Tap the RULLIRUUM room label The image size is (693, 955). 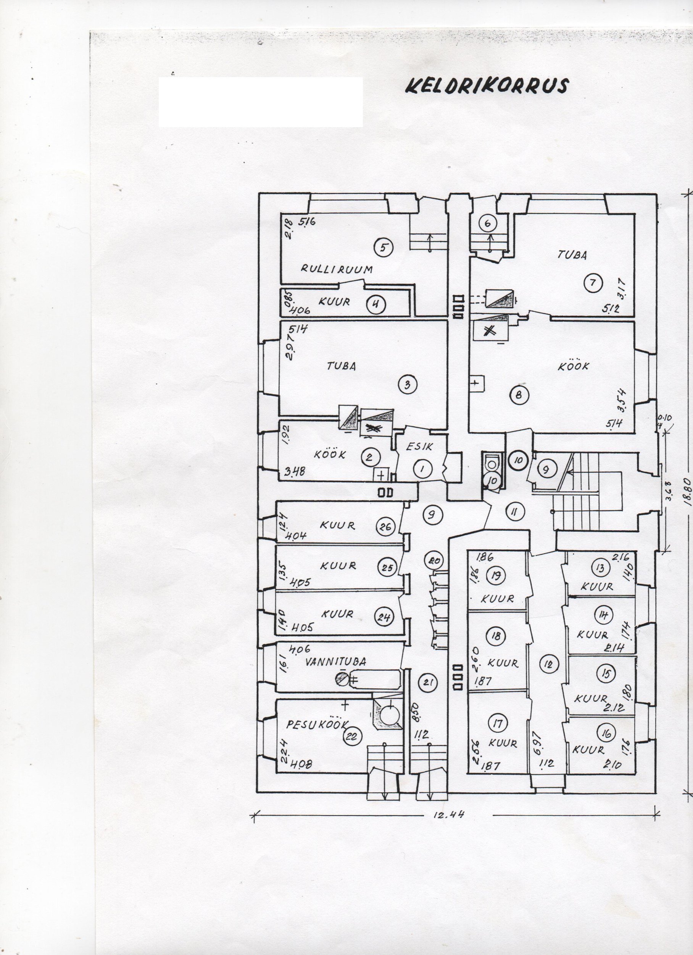[x=337, y=269]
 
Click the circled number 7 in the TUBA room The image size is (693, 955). [x=593, y=283]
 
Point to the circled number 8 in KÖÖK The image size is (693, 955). [x=518, y=395]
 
